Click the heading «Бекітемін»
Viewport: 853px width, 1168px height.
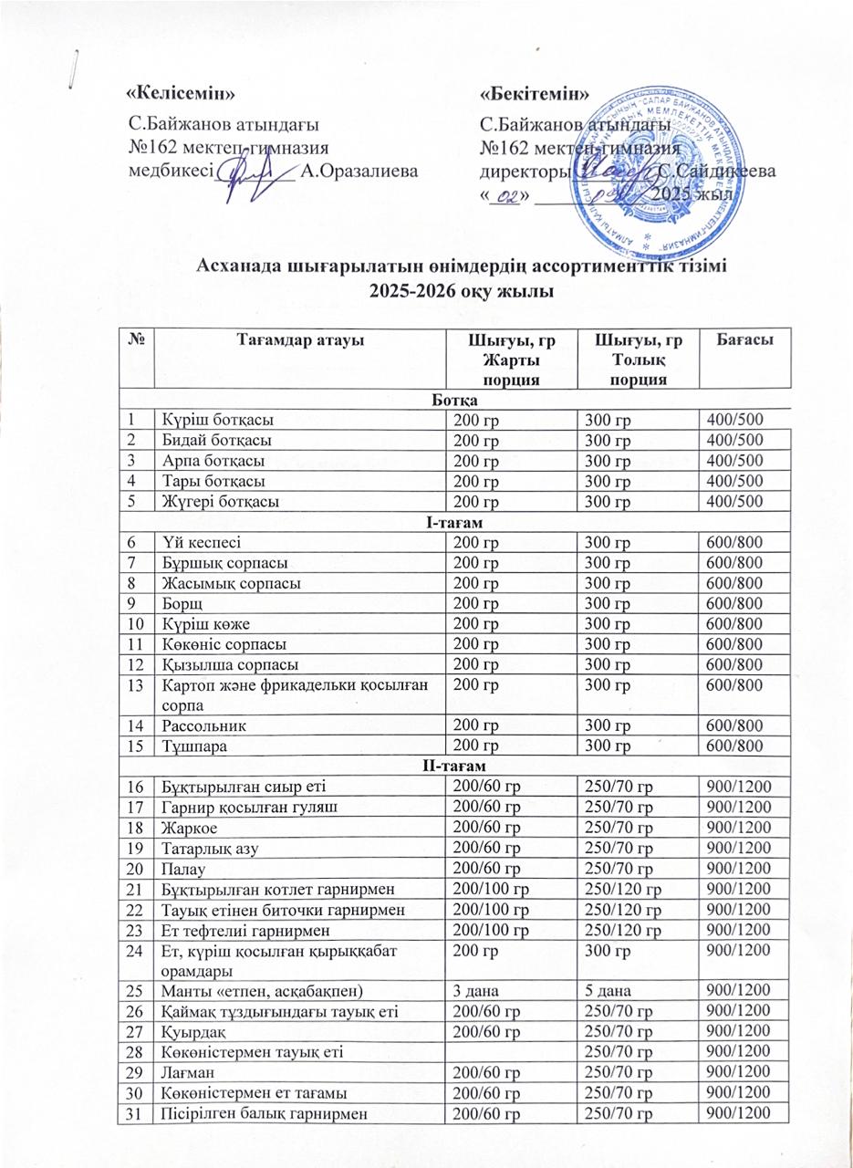point(535,93)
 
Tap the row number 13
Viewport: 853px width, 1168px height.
point(136,685)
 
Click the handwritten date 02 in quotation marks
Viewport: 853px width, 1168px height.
point(506,196)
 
